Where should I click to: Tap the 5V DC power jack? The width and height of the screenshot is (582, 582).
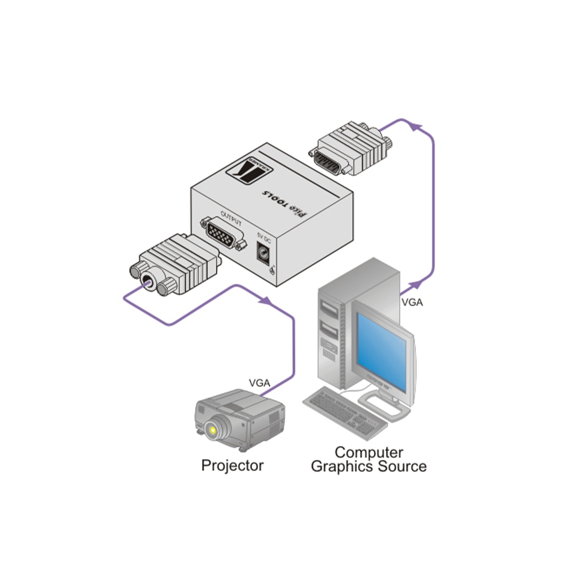(x=264, y=254)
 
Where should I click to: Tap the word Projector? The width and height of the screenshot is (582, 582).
(x=232, y=465)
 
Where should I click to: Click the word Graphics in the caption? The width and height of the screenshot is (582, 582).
(x=339, y=467)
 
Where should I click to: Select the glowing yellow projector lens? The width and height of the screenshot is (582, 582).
(x=211, y=430)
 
